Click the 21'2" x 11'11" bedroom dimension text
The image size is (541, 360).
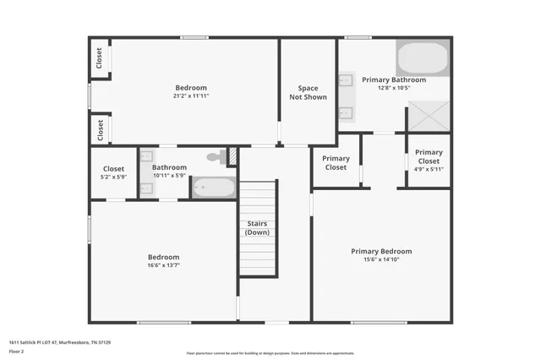coord(191,96)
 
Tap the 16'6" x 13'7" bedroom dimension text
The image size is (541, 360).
coord(164,265)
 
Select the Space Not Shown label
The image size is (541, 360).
coord(308,92)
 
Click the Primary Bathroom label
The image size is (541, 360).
coord(388,79)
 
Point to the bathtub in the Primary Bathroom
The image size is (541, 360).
coord(422,58)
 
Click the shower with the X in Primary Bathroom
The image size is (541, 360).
coord(429,116)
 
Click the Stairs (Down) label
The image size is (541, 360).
coord(257,227)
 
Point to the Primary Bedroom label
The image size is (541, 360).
coord(381,251)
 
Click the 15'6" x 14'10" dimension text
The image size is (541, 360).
coord(381,259)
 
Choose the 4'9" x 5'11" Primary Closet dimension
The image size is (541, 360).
coord(429,169)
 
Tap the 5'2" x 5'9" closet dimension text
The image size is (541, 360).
coord(114,176)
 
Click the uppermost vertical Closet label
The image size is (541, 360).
coord(100,57)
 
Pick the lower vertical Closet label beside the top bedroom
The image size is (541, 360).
coord(100,129)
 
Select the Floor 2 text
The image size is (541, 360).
coord(16,351)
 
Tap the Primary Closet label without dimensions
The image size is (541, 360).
coord(336,163)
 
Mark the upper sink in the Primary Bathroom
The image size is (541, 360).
coord(346,82)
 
